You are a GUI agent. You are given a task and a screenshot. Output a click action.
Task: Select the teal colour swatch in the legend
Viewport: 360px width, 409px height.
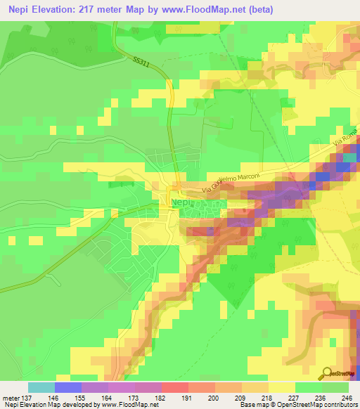coord(41,387)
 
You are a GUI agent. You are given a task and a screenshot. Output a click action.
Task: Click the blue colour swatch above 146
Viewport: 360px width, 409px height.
coord(68,387)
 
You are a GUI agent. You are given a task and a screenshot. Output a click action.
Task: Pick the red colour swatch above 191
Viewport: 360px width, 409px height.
coord(175,387)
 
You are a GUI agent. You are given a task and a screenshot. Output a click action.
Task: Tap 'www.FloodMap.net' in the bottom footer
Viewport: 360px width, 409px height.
coord(129,405)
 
